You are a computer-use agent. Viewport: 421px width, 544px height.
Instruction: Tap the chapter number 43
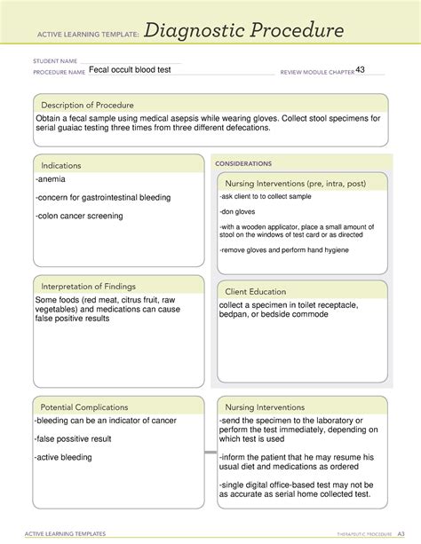pos(361,70)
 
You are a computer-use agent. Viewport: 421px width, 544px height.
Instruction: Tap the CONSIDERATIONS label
pos(245,163)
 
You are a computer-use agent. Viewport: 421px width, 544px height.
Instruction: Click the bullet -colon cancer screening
pos(79,216)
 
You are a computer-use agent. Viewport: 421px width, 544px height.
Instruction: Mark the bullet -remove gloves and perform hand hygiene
pos(284,250)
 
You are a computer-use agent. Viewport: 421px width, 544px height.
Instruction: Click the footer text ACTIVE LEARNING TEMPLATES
pos(67,533)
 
